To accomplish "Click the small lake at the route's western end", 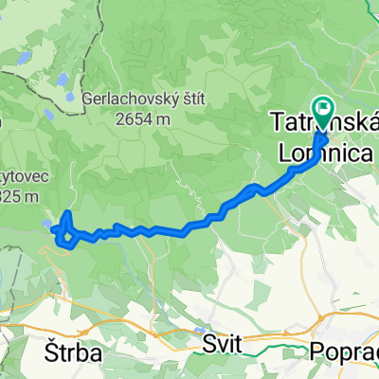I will [49, 225].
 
